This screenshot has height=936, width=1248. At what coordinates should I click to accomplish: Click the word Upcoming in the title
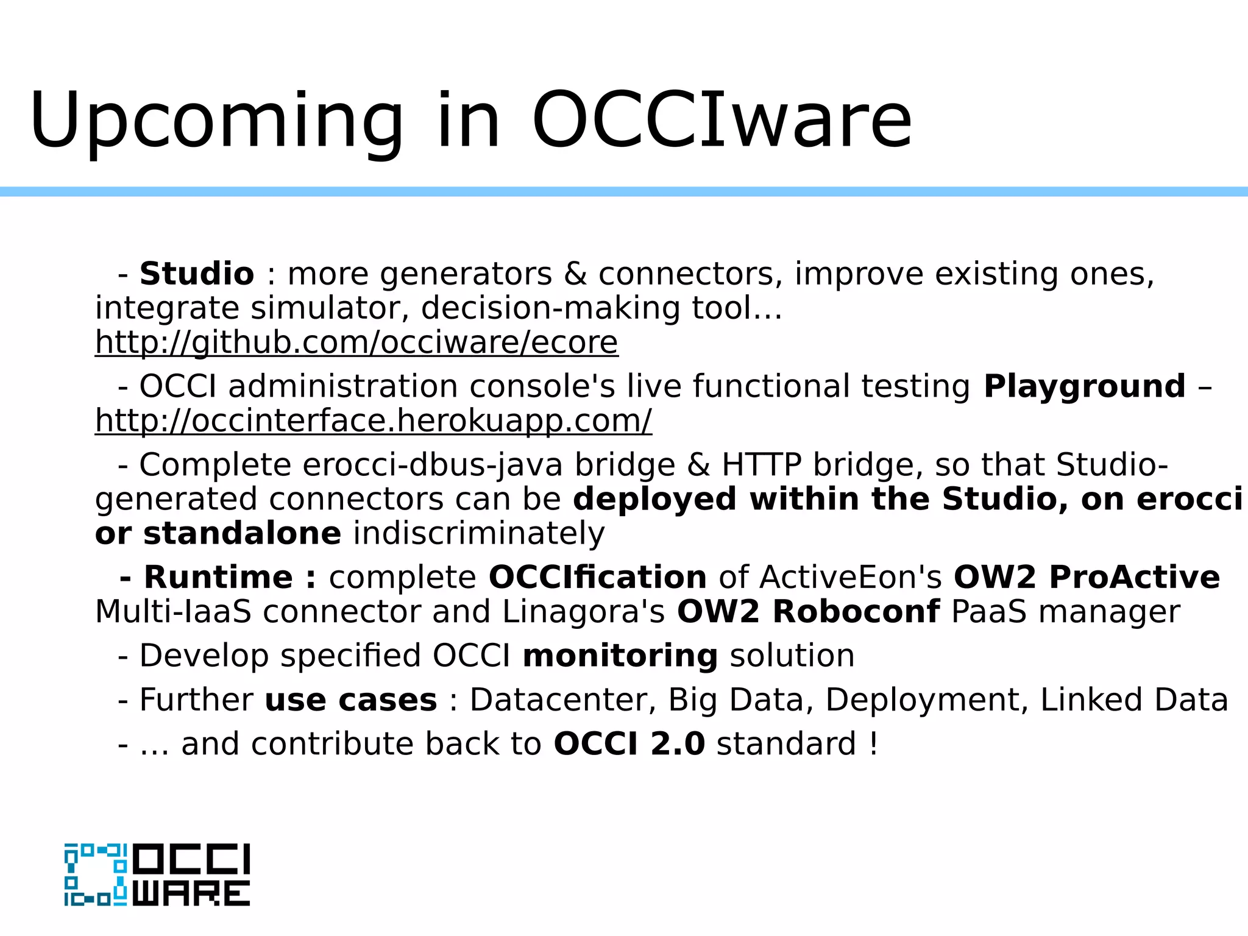(x=216, y=122)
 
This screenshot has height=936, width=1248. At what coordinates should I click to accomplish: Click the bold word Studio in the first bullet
(x=196, y=274)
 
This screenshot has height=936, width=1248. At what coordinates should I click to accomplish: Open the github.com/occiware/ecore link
(x=356, y=342)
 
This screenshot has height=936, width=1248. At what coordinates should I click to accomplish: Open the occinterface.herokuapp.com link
(x=373, y=421)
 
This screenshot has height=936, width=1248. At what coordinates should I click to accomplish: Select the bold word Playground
(x=1084, y=386)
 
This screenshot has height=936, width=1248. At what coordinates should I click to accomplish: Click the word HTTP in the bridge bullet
(x=762, y=465)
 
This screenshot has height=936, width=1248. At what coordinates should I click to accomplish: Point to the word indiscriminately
(x=479, y=534)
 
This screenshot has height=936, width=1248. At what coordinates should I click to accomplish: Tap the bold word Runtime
(x=218, y=577)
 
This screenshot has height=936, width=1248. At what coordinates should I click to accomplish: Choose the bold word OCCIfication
(x=597, y=577)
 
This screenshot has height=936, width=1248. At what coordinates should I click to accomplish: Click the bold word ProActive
(x=1134, y=577)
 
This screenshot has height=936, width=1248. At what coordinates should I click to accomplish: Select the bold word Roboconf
(x=856, y=612)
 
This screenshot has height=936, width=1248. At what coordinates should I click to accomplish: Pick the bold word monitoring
(x=620, y=656)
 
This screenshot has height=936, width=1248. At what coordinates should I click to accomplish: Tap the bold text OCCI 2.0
(x=629, y=744)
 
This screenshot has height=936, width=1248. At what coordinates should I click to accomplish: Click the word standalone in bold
(x=242, y=534)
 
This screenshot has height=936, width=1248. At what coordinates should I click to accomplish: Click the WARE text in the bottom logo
(x=191, y=893)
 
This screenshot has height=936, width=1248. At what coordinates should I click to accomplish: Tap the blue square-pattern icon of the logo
(x=96, y=874)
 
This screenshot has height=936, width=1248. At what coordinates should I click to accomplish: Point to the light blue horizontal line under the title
(x=624, y=191)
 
